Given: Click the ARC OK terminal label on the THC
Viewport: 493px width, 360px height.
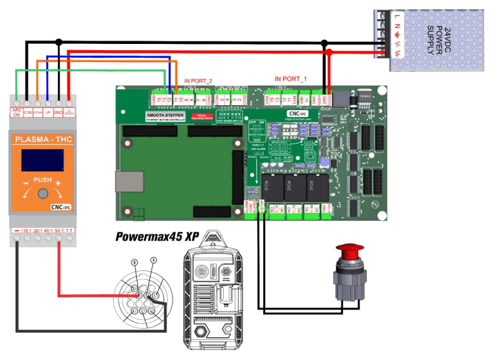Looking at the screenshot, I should (x=17, y=112).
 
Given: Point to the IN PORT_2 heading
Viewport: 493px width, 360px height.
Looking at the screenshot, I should (x=198, y=81).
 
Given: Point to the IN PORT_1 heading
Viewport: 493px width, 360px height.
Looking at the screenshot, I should (x=291, y=78).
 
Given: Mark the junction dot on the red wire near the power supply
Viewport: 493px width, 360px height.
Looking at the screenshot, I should (x=329, y=52).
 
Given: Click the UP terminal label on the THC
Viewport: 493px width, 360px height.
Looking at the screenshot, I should (x=48, y=112).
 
